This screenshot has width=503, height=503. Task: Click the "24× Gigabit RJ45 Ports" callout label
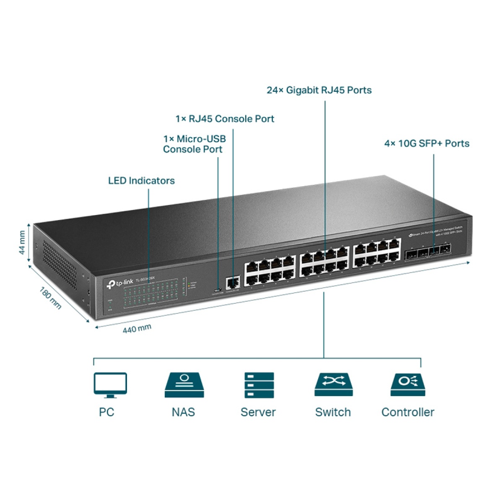point(319,90)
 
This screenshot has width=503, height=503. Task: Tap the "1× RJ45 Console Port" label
point(225,119)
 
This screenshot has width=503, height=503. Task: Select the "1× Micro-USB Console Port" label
point(194,144)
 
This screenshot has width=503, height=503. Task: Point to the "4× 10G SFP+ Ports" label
point(427,143)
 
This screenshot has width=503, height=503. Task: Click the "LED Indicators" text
point(141,181)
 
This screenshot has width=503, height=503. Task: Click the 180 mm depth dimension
point(50,298)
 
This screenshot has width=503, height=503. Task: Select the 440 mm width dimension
point(137,329)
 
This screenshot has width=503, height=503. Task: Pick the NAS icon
point(184,385)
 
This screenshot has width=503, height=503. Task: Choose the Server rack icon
point(259,385)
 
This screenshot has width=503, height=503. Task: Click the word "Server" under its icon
point(258,412)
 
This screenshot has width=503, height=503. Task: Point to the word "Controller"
point(407,412)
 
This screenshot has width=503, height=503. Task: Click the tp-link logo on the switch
point(120,283)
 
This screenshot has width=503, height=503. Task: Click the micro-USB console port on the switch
point(217,290)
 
